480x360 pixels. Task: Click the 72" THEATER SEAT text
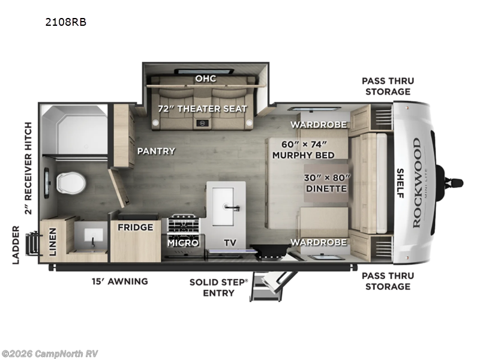[x=202, y=109]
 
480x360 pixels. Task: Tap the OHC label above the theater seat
[x=205, y=79]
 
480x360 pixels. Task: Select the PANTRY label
[x=156, y=151]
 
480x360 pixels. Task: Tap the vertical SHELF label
[x=400, y=183]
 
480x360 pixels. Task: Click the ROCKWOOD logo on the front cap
[x=416, y=182]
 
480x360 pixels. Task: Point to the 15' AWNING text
[x=120, y=281]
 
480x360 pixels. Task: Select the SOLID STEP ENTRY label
[x=218, y=286]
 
